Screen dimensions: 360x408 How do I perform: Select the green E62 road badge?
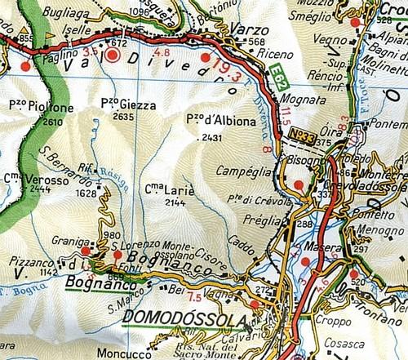277,82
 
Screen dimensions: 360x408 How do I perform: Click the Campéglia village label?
242,171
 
